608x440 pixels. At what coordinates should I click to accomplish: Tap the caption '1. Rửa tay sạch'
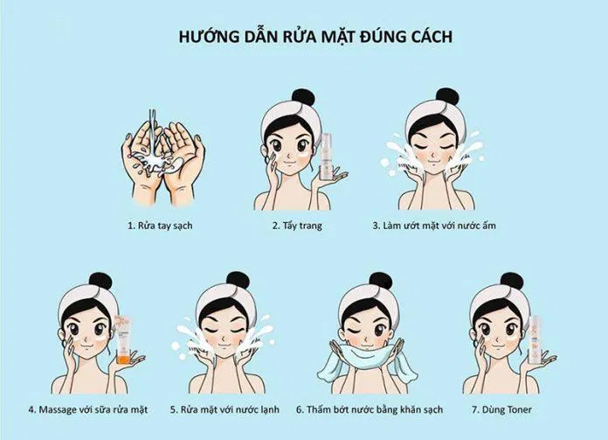pyautogui.click(x=159, y=225)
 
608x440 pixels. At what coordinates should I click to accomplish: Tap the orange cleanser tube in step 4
pyautogui.click(x=123, y=343)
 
